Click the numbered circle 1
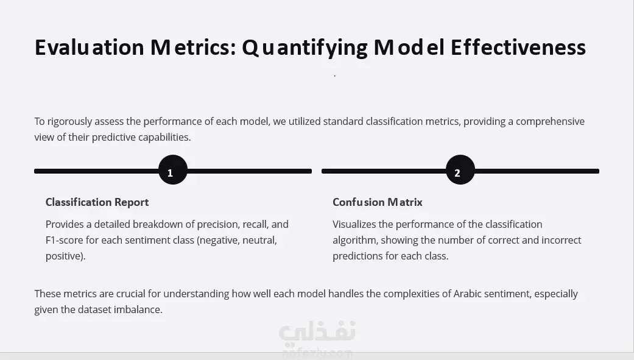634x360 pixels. [x=173, y=170]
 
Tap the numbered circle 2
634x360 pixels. [x=460, y=170]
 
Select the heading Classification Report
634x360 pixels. [x=97, y=202]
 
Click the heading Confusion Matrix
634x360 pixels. [x=377, y=202]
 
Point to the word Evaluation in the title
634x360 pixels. [x=90, y=48]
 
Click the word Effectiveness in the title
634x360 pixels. [x=518, y=48]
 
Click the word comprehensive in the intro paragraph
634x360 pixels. [x=551, y=122]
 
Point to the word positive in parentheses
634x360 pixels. [x=64, y=256]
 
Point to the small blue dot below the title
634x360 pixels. [x=335, y=76]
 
